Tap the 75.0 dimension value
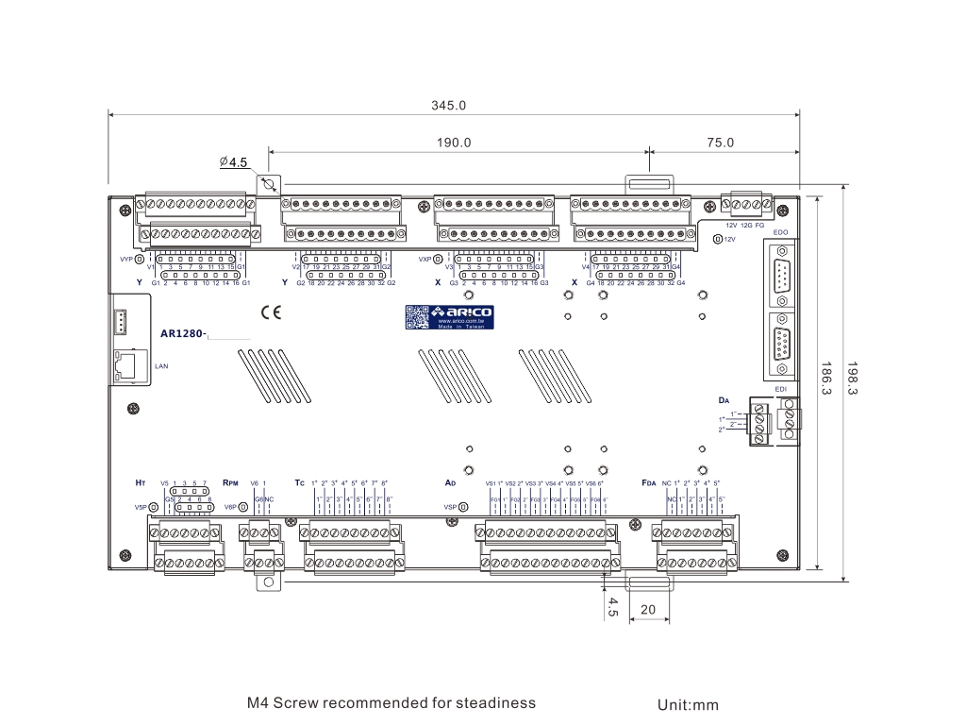pos(720,143)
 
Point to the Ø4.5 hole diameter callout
pos(233,162)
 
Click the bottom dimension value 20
pos(648,609)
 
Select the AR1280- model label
pos(184,333)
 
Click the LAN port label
pos(160,364)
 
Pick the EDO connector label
pos(780,231)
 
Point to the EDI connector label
pos(780,389)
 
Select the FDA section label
pos(648,482)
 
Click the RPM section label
pos(233,482)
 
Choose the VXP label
pos(425,259)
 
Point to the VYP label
pos(125,259)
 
